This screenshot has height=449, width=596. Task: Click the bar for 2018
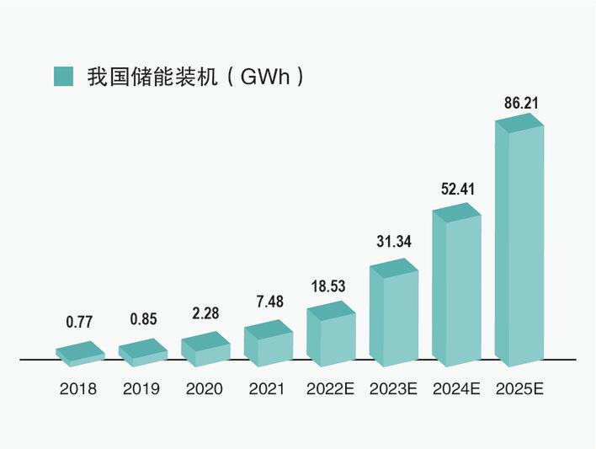[x=80, y=354]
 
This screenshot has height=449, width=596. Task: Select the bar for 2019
[x=142, y=352]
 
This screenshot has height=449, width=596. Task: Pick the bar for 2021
[x=268, y=344]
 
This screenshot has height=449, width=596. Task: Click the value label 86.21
[x=519, y=104]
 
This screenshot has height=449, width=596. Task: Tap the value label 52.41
[x=457, y=190]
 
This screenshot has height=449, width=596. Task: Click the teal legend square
[x=64, y=75]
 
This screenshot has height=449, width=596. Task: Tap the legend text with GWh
[x=194, y=76]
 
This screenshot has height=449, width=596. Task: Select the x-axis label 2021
[x=267, y=389]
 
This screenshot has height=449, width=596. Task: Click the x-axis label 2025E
[x=519, y=389]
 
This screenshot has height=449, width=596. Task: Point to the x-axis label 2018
[x=79, y=389]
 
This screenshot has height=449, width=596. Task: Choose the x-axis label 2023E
[x=393, y=389]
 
